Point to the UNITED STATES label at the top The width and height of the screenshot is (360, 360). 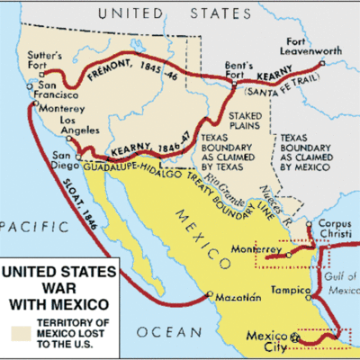click(x=179, y=13)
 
